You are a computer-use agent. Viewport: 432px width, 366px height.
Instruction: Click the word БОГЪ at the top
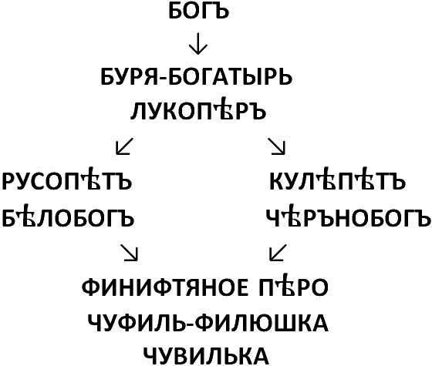click(x=199, y=12)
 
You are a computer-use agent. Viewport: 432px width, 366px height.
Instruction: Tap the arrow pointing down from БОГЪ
click(x=198, y=44)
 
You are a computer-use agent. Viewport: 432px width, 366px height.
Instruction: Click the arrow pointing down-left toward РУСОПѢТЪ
click(x=124, y=146)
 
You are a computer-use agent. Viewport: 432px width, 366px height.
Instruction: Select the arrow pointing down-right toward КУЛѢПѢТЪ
click(x=277, y=146)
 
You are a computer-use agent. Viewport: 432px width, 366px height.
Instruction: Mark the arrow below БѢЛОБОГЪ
click(x=129, y=252)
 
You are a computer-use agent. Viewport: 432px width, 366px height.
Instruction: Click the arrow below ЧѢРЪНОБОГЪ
click(x=278, y=252)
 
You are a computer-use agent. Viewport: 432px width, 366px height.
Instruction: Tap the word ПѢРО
click(x=293, y=286)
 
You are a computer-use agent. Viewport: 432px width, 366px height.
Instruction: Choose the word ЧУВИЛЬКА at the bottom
click(x=206, y=356)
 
